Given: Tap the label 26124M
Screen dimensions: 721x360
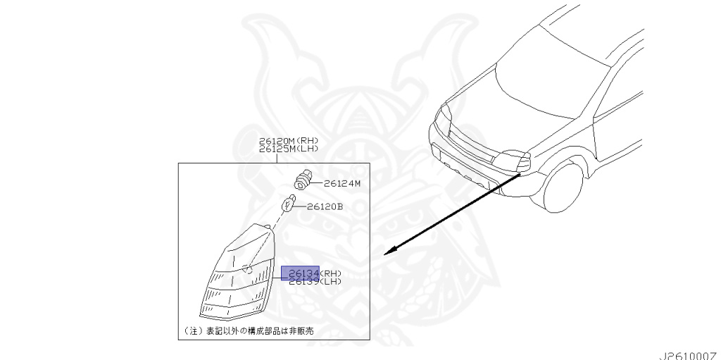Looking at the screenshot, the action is [342, 184].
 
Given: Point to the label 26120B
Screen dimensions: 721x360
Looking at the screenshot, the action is [325, 207].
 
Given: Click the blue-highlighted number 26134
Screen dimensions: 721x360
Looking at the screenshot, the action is [300, 273].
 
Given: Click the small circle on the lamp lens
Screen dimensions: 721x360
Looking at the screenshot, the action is [246, 268].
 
